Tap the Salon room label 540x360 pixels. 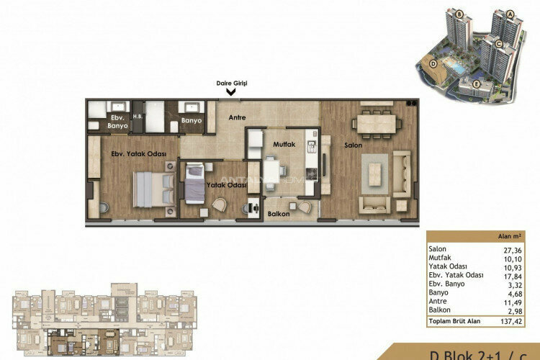[x=352, y=146]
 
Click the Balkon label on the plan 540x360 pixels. [x=279, y=214]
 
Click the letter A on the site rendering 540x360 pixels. [x=509, y=13]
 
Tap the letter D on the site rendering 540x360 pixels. [x=433, y=63]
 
